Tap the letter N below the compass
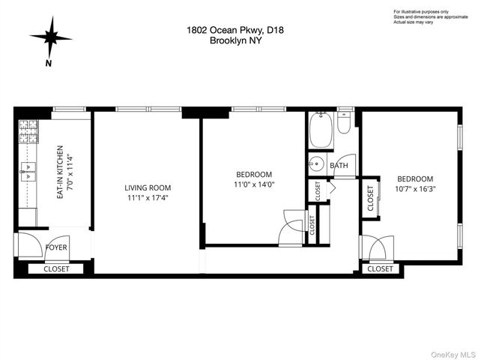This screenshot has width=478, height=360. pos(48,63)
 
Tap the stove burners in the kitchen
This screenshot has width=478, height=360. pos(28,132)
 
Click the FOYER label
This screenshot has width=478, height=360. pos(56,246)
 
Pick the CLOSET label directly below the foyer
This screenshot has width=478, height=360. pos(56,268)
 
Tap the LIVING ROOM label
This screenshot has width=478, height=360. pos(148,188)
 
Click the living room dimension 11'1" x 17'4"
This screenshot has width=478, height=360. pos(148,198)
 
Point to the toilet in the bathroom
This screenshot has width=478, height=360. pos(344,123)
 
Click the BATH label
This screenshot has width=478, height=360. pos(339,166)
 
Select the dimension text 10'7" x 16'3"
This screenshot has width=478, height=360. pos(416,189)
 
